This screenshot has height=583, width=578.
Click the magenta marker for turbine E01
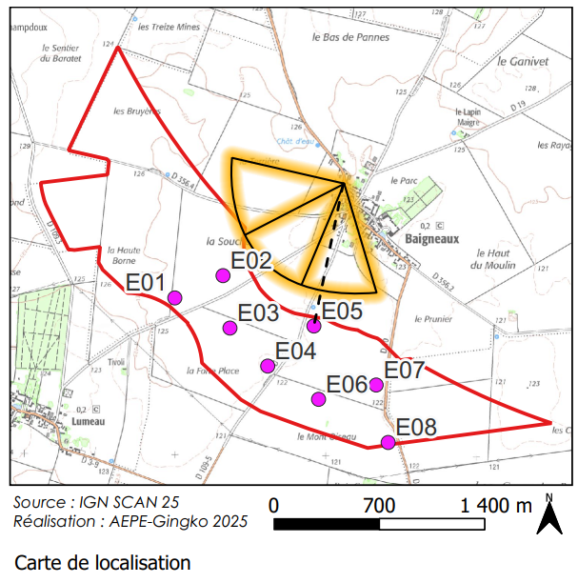pos(175,298)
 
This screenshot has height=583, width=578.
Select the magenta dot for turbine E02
pos(223,275)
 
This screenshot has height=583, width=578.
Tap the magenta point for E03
pos(229,329)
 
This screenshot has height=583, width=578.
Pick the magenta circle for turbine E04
pos(268,366)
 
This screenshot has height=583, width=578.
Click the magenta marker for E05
pos(314,327)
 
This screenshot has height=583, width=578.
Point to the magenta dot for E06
pos(319,399)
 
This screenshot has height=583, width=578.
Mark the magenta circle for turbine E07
pos(376,385)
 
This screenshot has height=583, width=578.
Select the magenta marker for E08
pos(388,442)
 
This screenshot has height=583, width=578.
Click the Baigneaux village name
pos(432,240)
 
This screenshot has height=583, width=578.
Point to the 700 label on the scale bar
pos(379,504)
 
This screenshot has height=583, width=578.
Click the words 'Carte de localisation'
pos(103,563)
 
